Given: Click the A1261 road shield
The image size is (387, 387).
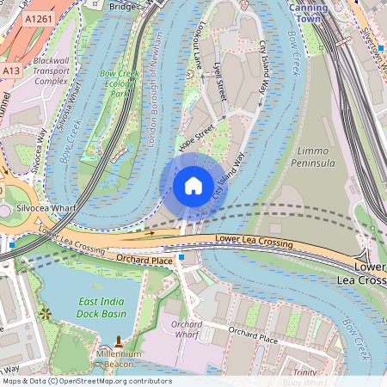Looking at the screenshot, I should tap(37, 18).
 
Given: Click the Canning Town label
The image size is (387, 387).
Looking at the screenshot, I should tap(307, 12).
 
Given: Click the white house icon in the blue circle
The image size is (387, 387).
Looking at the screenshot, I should tap(193, 185).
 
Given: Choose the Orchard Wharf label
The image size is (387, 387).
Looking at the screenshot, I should tap(187, 329).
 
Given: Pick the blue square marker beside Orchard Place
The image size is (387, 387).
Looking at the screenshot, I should tap(181, 256).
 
